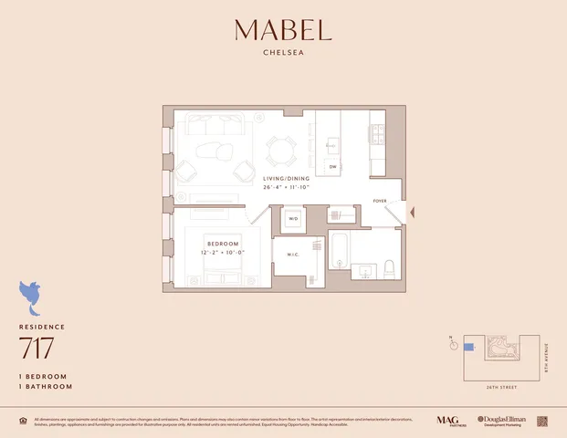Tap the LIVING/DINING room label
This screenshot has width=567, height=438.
click(x=286, y=179)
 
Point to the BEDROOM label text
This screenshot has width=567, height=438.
click(x=223, y=245)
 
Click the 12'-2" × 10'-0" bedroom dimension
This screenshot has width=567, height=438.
click(x=223, y=253)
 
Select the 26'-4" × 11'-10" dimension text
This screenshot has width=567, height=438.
click(x=286, y=187)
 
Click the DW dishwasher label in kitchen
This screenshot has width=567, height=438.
click(x=333, y=167)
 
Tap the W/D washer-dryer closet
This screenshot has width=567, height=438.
click(x=294, y=219)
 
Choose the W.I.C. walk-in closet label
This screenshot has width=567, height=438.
click(x=294, y=255)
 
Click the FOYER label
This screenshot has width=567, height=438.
click(x=380, y=201)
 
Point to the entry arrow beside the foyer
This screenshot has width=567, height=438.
click(x=413, y=212)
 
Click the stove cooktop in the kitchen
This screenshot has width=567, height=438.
click(x=376, y=135)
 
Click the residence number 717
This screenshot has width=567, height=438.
click(x=37, y=348)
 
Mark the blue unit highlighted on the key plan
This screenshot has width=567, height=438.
click(x=469, y=347)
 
